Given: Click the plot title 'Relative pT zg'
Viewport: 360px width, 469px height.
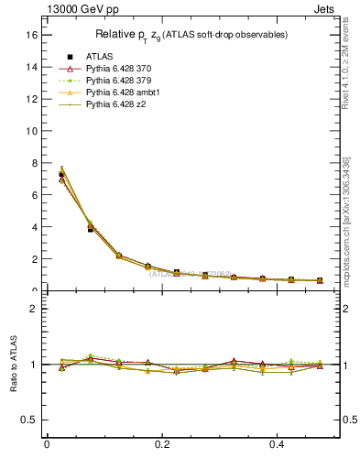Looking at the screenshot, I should point(192,35).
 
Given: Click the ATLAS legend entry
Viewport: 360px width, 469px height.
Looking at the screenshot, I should point(99,56).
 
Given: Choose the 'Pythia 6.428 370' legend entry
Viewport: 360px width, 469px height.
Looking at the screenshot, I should point(117,69).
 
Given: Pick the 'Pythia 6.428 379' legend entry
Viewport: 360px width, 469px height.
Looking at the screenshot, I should point(117,81).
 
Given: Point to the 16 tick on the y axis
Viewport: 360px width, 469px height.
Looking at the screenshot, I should point(30,35).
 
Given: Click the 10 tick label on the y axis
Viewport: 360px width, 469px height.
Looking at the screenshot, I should point(30,131).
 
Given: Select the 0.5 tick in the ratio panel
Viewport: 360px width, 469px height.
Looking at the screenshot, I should point(27,420).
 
